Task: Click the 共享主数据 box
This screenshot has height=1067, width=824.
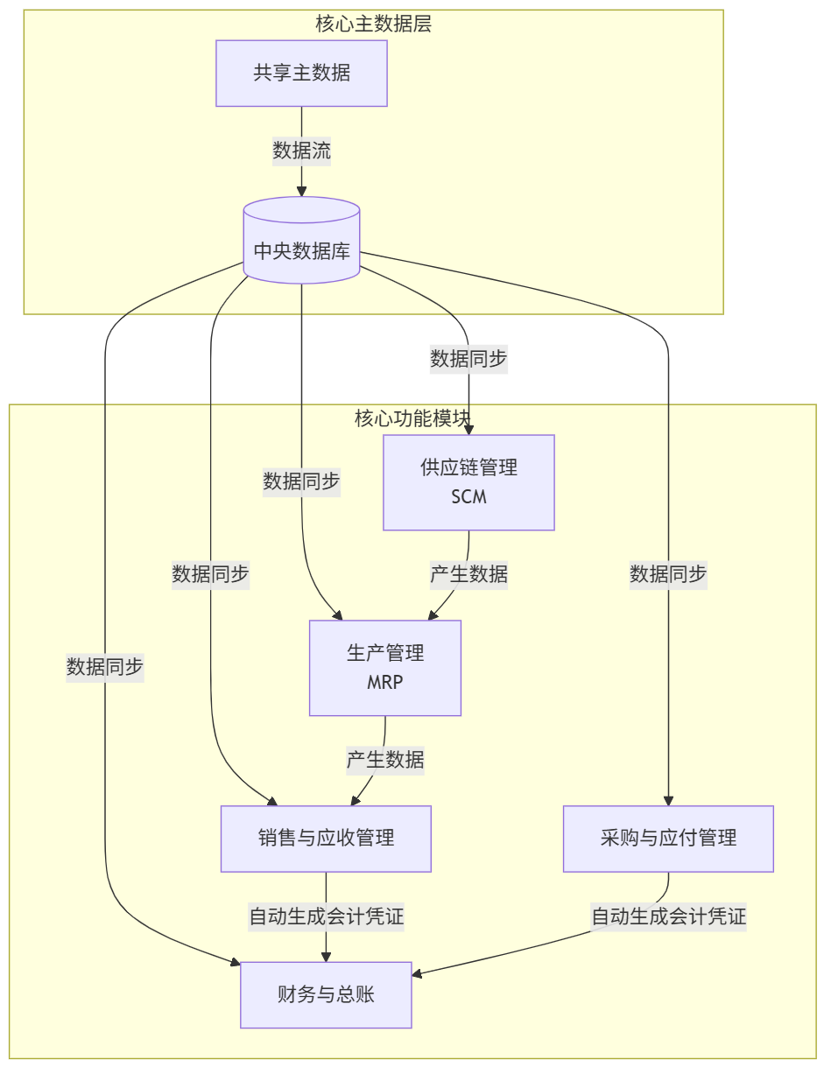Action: [301, 74]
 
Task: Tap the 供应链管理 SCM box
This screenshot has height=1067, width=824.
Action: [468, 482]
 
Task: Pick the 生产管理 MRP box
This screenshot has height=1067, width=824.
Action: [384, 668]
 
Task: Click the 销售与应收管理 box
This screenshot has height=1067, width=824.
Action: [326, 839]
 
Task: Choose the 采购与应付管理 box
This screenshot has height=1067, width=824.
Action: [668, 839]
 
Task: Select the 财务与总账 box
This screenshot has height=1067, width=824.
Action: [326, 995]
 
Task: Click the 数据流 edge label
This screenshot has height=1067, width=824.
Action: [301, 151]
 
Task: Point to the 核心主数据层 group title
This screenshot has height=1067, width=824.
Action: [373, 24]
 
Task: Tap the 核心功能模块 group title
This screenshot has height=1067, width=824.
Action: [412, 418]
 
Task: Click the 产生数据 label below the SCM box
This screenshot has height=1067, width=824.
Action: [468, 575]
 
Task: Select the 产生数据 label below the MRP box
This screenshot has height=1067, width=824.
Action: [384, 760]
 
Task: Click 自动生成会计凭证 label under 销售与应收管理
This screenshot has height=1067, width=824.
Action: [326, 917]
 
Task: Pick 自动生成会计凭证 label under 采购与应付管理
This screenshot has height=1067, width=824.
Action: [668, 917]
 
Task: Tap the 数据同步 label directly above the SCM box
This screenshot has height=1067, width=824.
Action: [468, 358]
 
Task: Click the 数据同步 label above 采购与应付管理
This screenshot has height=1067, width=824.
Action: [668, 575]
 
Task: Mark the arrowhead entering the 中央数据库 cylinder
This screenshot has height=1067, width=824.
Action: [301, 191]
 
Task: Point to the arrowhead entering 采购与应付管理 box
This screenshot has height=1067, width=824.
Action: [668, 800]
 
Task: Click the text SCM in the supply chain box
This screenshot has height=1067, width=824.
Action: [468, 497]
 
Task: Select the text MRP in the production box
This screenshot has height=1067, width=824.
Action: [384, 683]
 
